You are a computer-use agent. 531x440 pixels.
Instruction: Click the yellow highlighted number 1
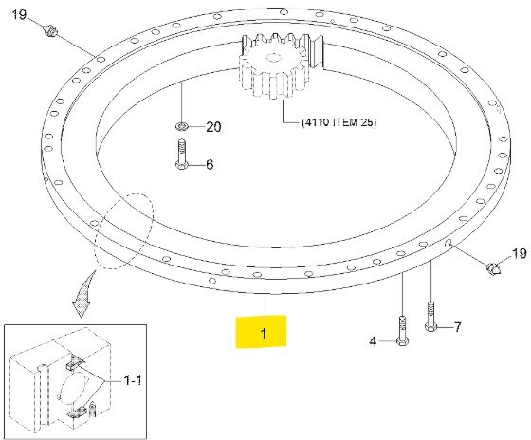(265, 334)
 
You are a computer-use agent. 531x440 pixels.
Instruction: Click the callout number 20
(212, 126)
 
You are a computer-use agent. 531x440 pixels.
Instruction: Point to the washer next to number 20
(181, 125)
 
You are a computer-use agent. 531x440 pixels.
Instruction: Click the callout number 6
(211, 164)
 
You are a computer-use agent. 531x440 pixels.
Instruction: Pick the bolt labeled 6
(181, 155)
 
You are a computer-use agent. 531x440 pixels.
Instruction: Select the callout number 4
(374, 341)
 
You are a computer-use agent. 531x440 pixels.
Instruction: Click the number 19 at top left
(20, 16)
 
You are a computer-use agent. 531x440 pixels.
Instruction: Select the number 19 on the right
(518, 253)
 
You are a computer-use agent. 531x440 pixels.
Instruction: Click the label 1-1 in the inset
(134, 379)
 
